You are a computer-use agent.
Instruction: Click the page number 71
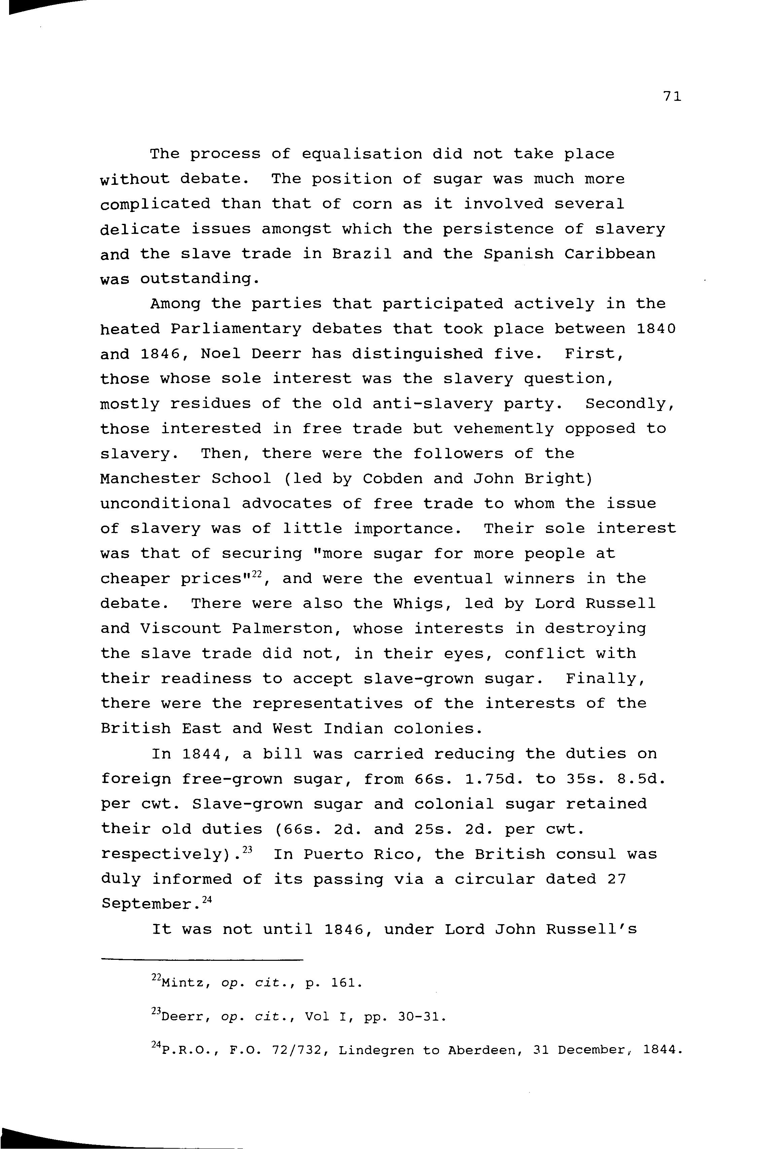click(672, 97)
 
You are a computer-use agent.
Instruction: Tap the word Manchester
click(150, 479)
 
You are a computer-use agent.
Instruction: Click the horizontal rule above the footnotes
click(202, 959)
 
